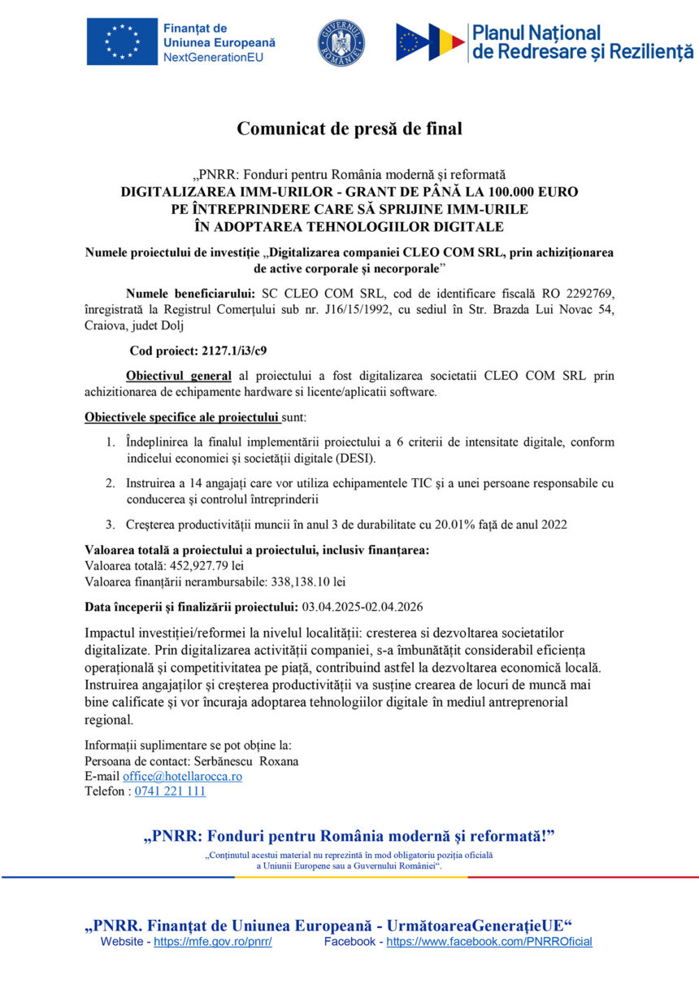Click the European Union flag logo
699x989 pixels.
tap(122, 42)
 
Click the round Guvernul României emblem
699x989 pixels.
tap(341, 43)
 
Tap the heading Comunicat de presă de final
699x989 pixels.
tap(349, 129)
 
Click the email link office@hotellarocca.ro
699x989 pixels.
tap(182, 777)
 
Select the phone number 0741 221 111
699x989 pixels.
tap(170, 791)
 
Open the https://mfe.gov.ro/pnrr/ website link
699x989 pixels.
tap(213, 942)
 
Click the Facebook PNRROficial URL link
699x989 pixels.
tap(488, 942)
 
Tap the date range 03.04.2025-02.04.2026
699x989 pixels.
tap(363, 607)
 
